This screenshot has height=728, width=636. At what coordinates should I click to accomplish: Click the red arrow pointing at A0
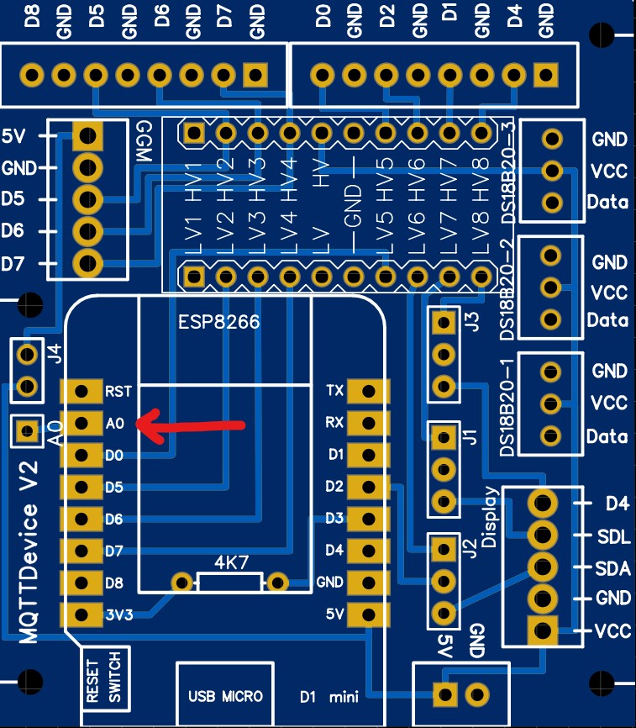click(x=189, y=425)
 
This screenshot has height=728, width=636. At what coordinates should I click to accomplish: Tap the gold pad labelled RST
click(x=82, y=391)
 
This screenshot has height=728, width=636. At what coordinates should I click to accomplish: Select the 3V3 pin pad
click(x=82, y=615)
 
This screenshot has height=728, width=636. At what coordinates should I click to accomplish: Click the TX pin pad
click(x=367, y=391)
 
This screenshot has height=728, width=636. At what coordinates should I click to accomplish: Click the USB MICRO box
click(x=226, y=696)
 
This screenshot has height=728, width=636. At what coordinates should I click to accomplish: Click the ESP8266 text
click(x=219, y=322)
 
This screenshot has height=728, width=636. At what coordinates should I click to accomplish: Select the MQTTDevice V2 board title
click(x=30, y=563)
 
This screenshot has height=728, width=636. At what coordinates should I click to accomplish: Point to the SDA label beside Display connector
click(x=612, y=568)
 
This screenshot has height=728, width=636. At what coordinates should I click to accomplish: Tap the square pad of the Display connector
click(x=542, y=629)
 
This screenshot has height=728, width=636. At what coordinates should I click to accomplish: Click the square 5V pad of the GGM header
click(x=87, y=135)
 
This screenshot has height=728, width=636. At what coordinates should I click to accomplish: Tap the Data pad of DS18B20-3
click(x=552, y=202)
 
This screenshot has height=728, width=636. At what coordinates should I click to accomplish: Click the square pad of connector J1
click(x=443, y=436)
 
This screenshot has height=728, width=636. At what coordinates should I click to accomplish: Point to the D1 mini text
click(x=329, y=696)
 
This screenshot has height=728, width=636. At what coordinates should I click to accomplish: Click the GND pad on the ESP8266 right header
click(x=367, y=582)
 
